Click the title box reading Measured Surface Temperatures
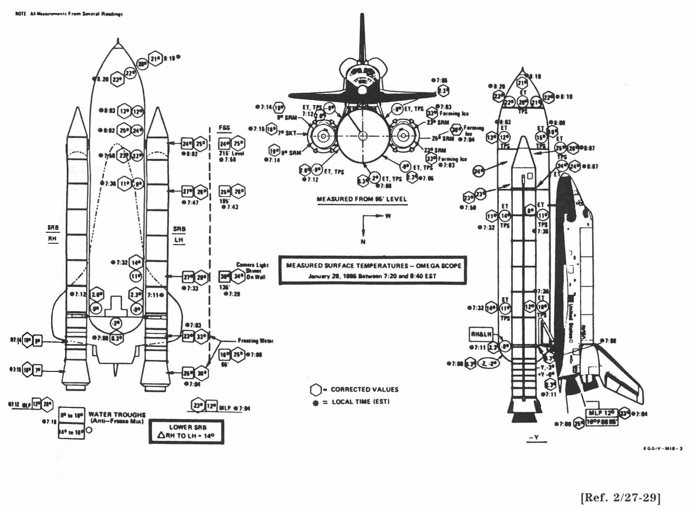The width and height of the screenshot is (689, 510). click(x=373, y=270)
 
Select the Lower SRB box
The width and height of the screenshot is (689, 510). click(x=187, y=431)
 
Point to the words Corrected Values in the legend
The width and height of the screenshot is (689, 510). click(x=364, y=389)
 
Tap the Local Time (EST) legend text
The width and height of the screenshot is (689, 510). click(x=360, y=402)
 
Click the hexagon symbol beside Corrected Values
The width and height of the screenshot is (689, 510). click(x=315, y=390)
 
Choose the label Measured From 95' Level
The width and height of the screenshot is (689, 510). click(x=362, y=199)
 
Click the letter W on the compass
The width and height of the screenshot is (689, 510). click(x=388, y=216)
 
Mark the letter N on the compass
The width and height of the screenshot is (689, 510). click(x=363, y=241)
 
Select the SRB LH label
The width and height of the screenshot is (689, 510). click(x=179, y=234)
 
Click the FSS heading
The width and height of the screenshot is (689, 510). click(x=225, y=128)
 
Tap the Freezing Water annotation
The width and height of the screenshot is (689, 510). click(x=255, y=341)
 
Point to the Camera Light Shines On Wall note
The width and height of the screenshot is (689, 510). click(x=252, y=271)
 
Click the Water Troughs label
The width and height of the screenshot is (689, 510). click(x=117, y=417)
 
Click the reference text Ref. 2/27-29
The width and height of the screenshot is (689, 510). click(x=620, y=496)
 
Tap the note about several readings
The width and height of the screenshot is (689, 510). click(x=69, y=14)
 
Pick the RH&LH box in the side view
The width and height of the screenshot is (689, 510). click(x=481, y=334)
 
